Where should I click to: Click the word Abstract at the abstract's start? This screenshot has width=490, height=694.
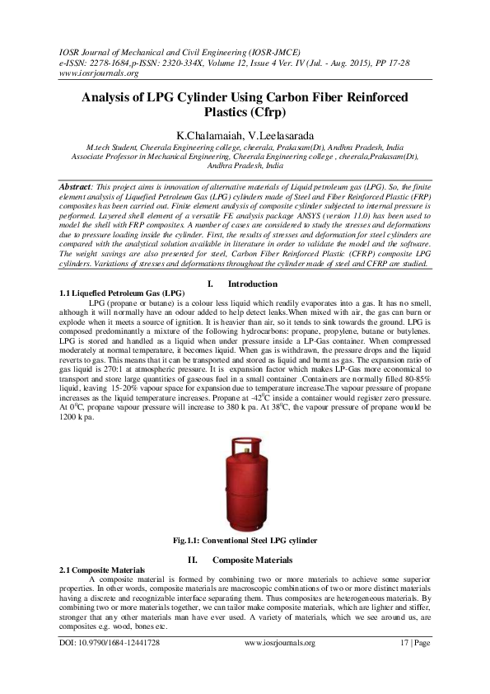click(79, 188)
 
